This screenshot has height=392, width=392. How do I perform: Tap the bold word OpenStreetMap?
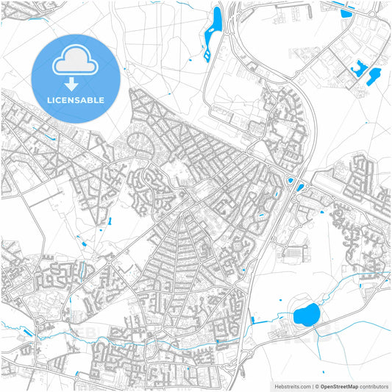click(339, 385)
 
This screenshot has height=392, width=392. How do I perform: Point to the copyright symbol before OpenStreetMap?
click(316, 385)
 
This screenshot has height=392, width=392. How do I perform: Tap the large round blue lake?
click(305, 316)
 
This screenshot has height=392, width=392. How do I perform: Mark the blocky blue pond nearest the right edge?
click(374, 74)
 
